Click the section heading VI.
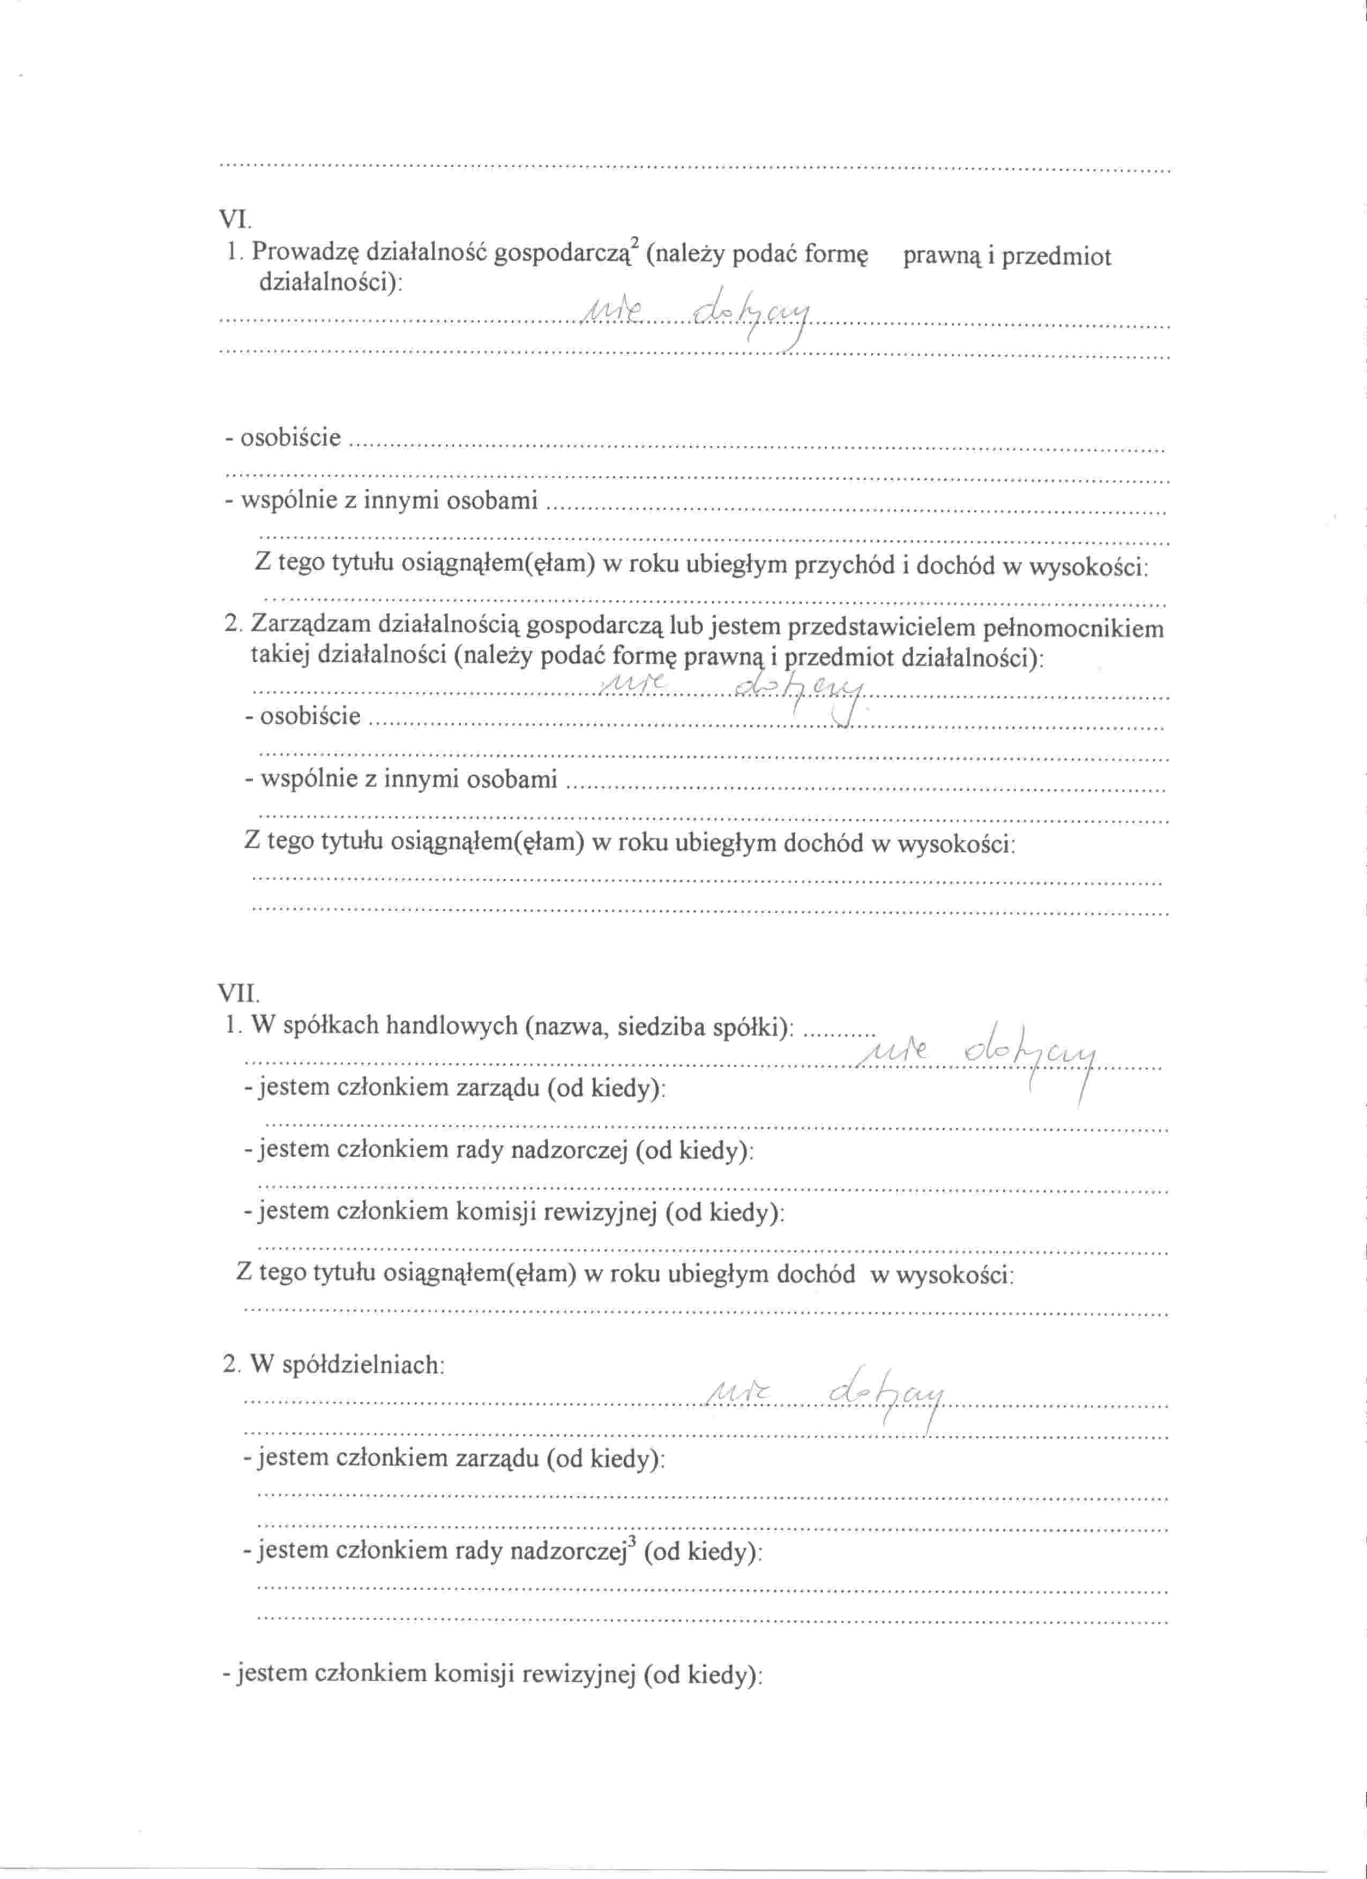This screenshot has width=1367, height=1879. (x=235, y=220)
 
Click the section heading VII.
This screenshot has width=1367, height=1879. (x=238, y=992)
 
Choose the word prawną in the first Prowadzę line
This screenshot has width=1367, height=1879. (x=941, y=257)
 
